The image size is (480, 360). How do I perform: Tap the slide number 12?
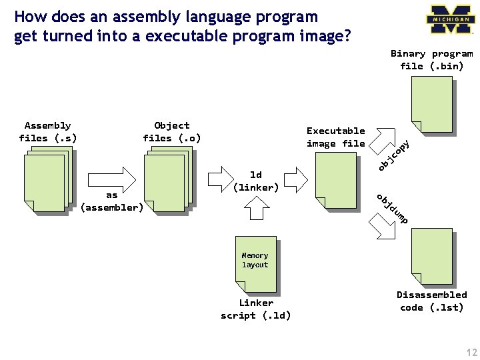tap(465, 351)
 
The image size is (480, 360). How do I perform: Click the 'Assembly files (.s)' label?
tap(47, 132)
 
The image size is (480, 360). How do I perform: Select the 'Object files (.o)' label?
tap(171, 132)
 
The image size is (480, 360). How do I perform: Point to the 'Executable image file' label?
tap(335, 137)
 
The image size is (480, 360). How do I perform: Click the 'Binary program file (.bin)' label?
tap(431, 60)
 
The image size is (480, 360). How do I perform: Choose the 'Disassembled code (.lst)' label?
tap(431, 301)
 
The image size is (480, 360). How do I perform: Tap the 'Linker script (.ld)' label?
tap(256, 309)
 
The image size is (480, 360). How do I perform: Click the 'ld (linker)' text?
tap(255, 181)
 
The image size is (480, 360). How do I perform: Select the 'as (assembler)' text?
tap(111, 201)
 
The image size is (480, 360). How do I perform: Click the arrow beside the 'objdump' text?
tap(383, 227)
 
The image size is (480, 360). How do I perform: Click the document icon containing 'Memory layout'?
tap(256, 264)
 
